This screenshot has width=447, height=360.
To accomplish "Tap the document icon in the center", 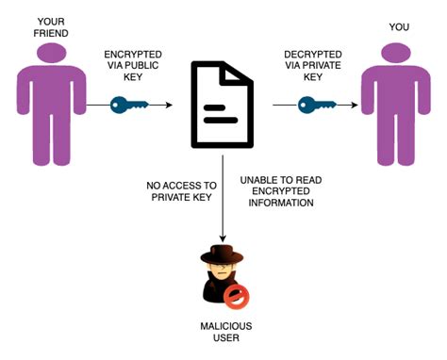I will pyautogui.click(x=223, y=104).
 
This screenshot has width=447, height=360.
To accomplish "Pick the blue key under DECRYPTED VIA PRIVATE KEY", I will pyautogui.click(x=317, y=105).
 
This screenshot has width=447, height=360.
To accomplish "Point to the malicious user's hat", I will pyautogui.click(x=223, y=254).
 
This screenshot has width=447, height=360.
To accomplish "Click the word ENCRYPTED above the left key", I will pyautogui.click(x=133, y=56).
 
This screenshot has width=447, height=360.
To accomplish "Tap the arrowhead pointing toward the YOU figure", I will pyautogui.click(x=353, y=105).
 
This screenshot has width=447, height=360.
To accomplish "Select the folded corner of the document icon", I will pyautogui.click(x=244, y=71).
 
